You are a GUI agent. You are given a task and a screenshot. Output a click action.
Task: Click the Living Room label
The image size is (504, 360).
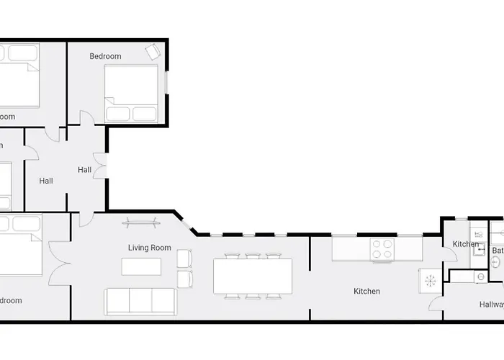point(150,248)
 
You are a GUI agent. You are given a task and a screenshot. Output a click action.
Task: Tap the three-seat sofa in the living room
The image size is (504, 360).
point(140,301)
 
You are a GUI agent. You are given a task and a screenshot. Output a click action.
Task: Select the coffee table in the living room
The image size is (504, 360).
point(141,266)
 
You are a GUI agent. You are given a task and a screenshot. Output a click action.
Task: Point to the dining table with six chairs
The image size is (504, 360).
point(253,276)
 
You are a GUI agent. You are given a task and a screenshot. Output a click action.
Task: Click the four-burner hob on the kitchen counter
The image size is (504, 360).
point(382,249)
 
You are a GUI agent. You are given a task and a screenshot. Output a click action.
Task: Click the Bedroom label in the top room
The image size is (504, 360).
point(105,56)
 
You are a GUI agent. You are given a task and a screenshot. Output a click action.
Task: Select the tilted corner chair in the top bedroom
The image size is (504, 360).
point(153,52)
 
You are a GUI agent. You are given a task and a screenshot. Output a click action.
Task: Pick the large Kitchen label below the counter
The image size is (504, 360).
point(366,292)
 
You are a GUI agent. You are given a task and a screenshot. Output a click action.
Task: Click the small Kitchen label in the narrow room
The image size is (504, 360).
point(466,244)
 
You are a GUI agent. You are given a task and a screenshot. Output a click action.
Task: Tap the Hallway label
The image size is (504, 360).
point(492,305)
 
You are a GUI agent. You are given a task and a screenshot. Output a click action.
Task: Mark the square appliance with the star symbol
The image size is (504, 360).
point(430,281)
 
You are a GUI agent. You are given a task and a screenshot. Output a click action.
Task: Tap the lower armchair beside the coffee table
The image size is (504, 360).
point(184,279)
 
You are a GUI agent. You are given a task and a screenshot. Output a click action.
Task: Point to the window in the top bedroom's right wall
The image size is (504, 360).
point(167,93)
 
